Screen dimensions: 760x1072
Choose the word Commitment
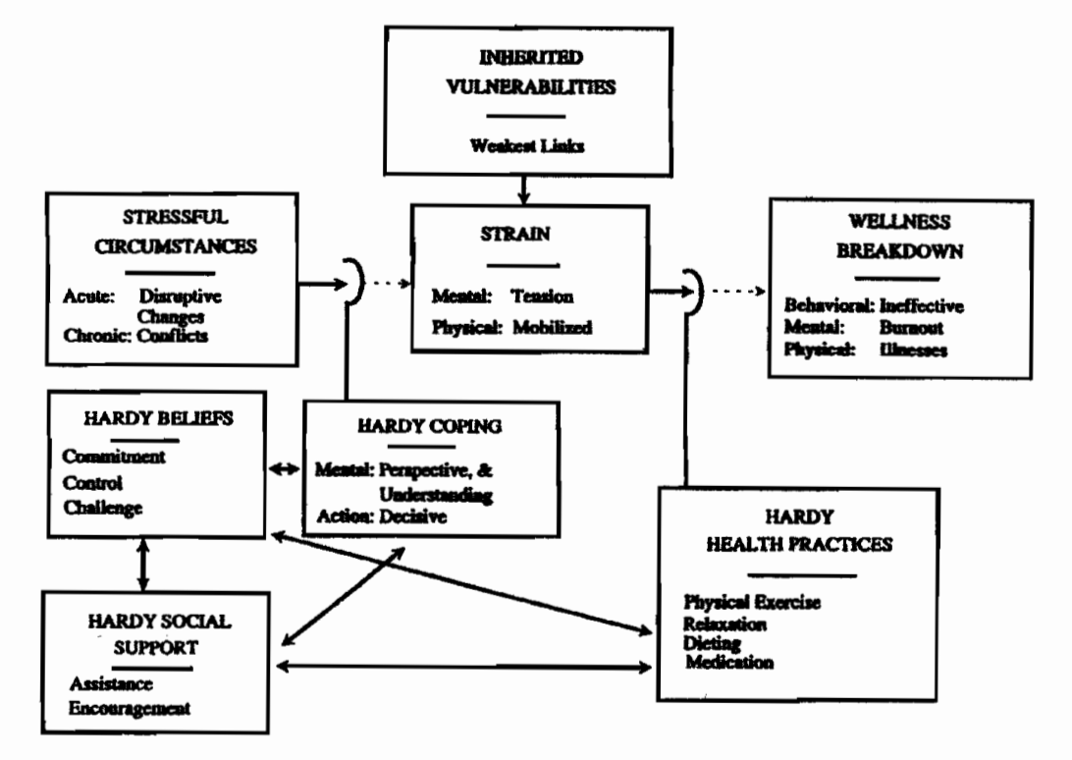114,457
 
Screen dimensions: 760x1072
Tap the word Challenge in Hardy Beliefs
104,508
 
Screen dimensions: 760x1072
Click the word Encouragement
130,707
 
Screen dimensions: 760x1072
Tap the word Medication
728,663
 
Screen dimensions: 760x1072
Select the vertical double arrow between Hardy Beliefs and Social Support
144,564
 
